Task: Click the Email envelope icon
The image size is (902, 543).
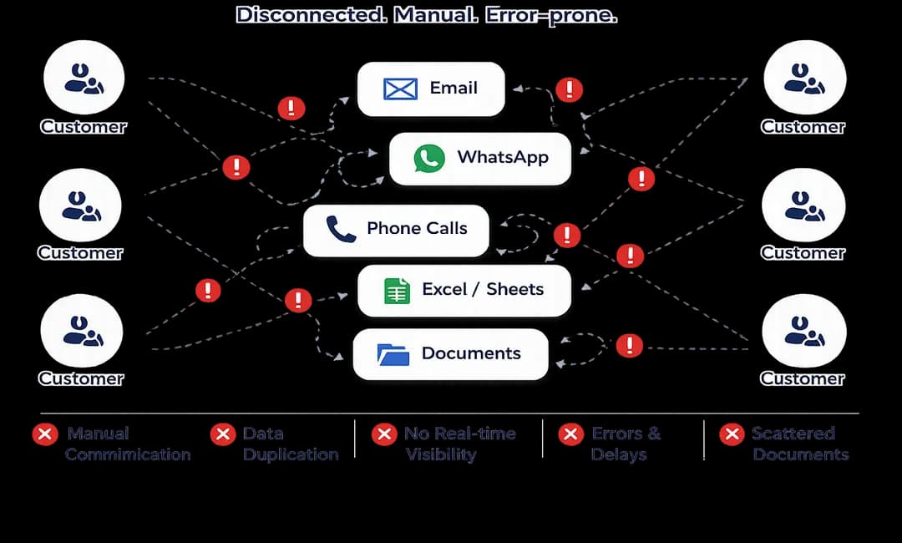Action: click(x=400, y=89)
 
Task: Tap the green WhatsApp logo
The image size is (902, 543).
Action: click(x=429, y=158)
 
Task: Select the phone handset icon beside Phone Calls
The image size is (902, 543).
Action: click(x=341, y=229)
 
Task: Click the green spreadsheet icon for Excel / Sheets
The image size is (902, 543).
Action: click(x=397, y=290)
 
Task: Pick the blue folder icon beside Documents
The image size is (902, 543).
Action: click(x=393, y=354)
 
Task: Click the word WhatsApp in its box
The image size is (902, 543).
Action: click(x=502, y=157)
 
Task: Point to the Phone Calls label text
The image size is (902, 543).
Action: click(x=417, y=228)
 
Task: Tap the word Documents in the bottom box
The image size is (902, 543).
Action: click(x=471, y=353)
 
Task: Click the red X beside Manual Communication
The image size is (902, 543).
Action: click(x=44, y=434)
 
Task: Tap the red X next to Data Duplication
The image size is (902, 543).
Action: click(x=222, y=434)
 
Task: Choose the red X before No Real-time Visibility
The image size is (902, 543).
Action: click(x=384, y=434)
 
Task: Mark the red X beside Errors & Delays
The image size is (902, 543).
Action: click(x=571, y=434)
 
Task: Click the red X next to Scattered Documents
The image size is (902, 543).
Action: click(x=732, y=434)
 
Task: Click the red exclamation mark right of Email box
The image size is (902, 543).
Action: click(x=569, y=89)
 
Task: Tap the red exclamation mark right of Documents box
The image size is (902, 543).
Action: click(x=629, y=345)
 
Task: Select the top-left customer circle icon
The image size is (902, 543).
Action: click(x=83, y=78)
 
